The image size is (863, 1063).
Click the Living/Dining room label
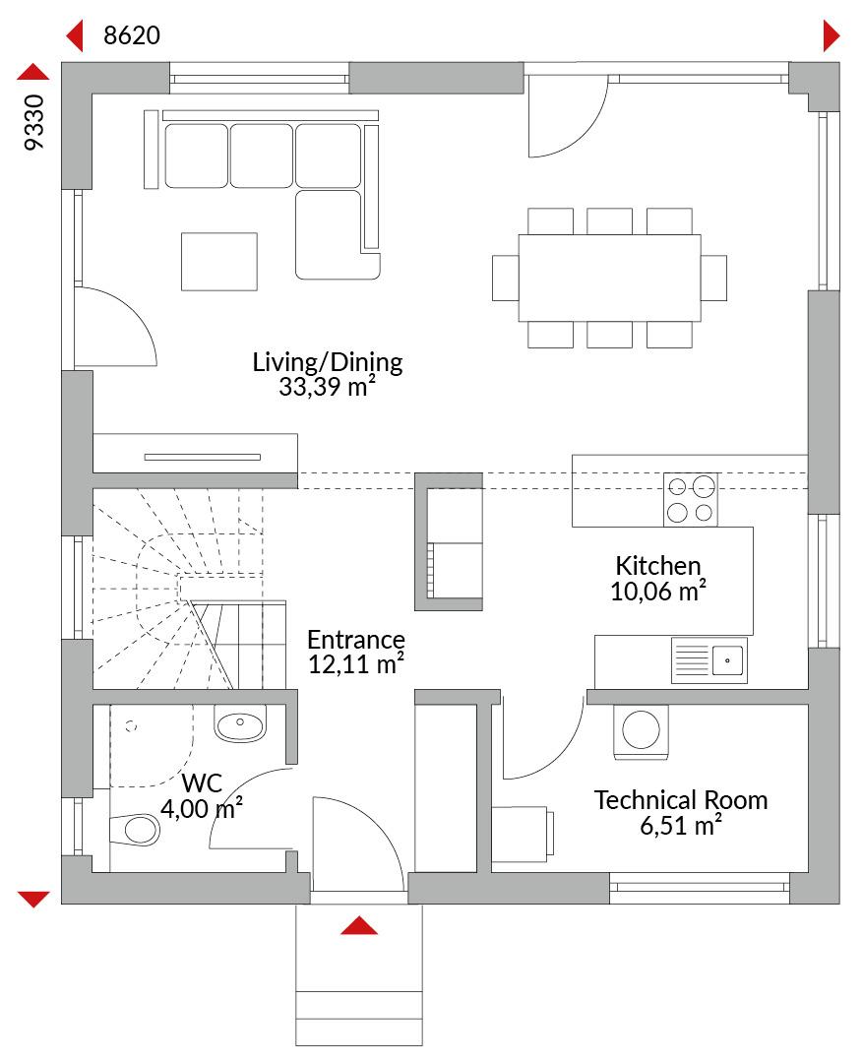pos(328,362)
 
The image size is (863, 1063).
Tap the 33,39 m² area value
pos(328,387)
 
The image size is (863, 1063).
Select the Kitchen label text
pos(657,565)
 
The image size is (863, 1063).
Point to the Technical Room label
pos(681,800)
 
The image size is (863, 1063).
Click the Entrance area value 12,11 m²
pos(356,664)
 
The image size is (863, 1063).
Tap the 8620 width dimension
pos(132,35)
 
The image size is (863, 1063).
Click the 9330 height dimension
pos(33,122)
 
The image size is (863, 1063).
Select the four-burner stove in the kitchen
pos(690,499)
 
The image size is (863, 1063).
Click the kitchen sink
pos(709,659)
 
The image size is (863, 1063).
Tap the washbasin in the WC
pos(240,724)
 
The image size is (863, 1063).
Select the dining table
pos(609,278)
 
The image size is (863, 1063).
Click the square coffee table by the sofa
pos(219,262)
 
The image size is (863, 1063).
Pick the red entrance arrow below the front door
pos(359,925)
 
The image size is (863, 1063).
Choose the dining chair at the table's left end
pos(506,278)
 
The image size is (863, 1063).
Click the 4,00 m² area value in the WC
pos(202,809)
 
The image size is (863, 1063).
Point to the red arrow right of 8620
pos(832,35)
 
